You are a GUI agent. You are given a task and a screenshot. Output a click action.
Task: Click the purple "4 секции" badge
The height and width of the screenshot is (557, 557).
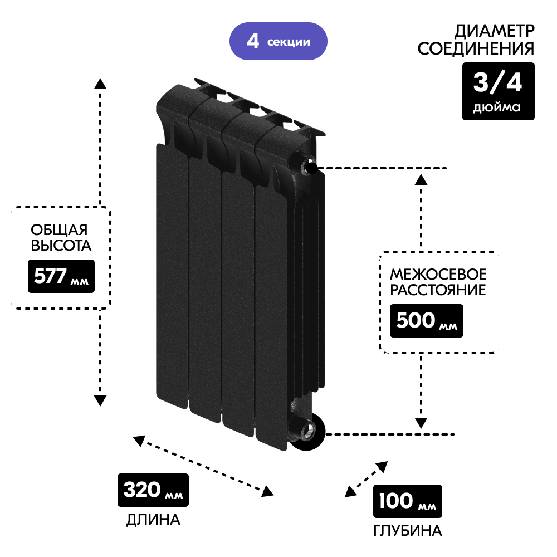click(x=278, y=41)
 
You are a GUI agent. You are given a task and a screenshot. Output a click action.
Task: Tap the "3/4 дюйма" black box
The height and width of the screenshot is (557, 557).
click(x=498, y=91)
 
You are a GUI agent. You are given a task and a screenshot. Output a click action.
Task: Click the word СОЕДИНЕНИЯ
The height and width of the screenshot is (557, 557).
click(x=476, y=48)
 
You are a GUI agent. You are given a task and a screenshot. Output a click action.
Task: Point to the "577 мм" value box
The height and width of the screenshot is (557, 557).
click(x=61, y=276)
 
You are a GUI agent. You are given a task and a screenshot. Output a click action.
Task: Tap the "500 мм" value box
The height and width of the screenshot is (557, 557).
click(x=426, y=321)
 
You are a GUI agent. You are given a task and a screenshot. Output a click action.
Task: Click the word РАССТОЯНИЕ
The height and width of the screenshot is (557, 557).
click(x=438, y=290)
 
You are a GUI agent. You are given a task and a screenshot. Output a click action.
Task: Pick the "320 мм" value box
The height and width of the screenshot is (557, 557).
click(x=153, y=490)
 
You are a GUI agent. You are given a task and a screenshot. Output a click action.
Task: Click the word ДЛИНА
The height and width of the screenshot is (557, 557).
click(x=153, y=520)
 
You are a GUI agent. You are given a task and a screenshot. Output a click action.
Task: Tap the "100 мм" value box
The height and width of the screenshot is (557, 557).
click(x=407, y=501)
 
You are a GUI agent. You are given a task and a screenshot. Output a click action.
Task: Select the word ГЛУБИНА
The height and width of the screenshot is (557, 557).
click(x=408, y=531)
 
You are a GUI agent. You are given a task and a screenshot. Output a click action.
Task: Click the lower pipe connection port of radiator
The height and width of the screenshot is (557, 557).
click(x=305, y=431)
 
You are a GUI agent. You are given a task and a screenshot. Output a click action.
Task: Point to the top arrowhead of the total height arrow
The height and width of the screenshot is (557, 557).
click(x=100, y=84)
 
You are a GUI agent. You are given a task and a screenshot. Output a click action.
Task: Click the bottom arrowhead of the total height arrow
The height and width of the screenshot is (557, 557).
click(x=100, y=400)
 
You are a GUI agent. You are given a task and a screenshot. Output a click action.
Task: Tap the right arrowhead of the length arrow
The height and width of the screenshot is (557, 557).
click(x=268, y=491)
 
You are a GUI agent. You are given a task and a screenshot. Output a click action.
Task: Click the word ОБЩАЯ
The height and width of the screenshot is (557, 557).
click(x=60, y=229)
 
